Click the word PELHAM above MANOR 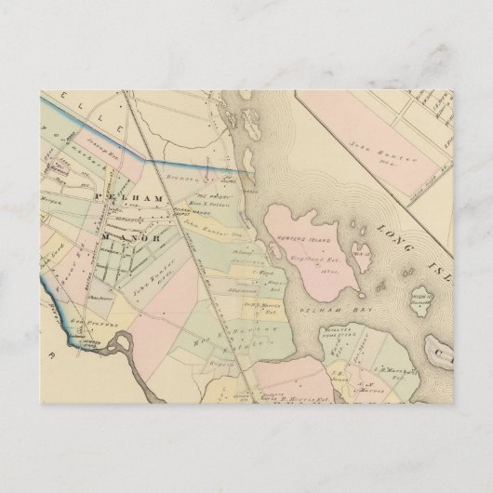[140, 200]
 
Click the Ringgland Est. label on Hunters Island [300, 251]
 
